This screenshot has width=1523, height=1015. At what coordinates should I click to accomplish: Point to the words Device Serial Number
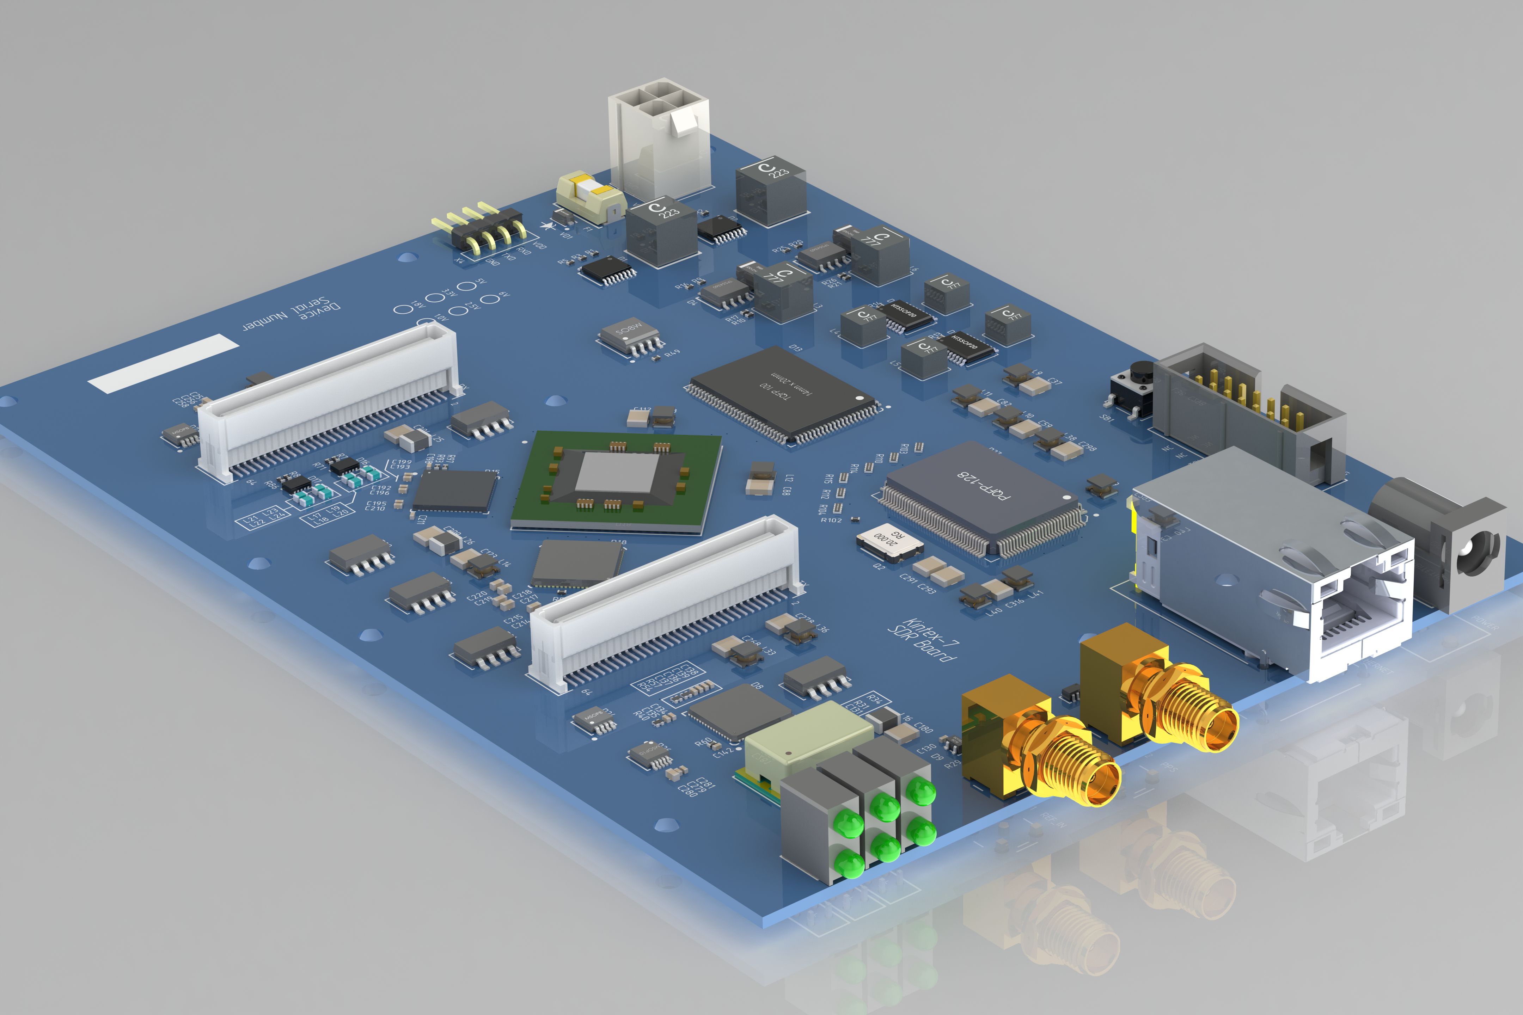pos(292,314)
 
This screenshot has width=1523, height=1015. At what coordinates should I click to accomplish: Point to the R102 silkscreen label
pos(831,520)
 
